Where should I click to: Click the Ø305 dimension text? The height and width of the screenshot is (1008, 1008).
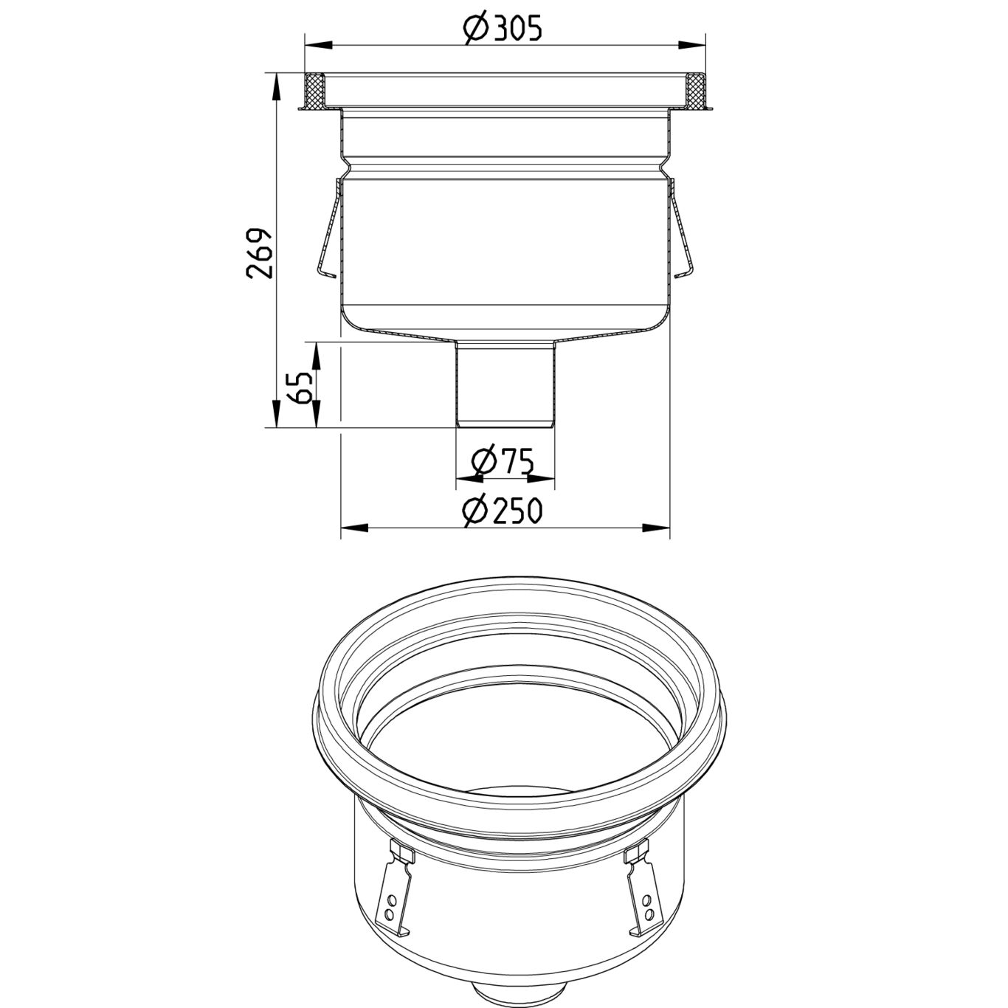tap(503, 28)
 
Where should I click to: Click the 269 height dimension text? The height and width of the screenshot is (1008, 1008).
tap(260, 253)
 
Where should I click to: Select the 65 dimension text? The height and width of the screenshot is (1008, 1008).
tap(300, 386)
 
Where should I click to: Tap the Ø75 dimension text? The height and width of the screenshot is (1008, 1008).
tap(503, 462)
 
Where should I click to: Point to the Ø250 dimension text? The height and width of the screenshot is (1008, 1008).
tap(503, 511)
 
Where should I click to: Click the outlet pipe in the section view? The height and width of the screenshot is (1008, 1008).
tap(505, 384)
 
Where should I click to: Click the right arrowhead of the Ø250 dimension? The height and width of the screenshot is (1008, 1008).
tap(657, 528)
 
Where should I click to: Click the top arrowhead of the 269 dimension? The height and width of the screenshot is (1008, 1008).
tap(276, 86)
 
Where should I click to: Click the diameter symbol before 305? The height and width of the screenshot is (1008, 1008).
tap(474, 28)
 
